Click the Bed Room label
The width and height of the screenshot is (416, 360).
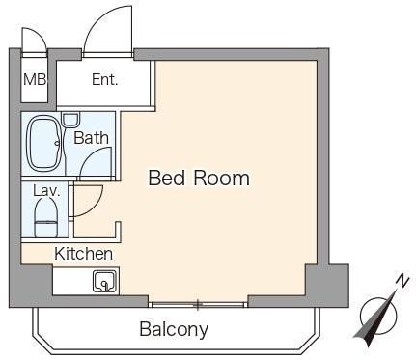tap(199, 178)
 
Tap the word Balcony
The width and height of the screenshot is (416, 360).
tap(174, 329)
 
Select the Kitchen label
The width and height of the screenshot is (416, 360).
tap(83, 254)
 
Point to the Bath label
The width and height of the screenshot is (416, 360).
tap(91, 138)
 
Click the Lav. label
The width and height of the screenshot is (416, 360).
tap(46, 191)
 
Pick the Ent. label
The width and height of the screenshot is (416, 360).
tap(105, 79)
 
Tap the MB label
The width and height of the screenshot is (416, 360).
tap(35, 79)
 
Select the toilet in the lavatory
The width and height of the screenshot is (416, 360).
tap(46, 217)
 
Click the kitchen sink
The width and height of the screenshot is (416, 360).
tap(104, 281)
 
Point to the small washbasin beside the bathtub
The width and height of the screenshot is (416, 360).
tap(70, 120)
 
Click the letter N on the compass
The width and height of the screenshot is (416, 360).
tap(402, 281)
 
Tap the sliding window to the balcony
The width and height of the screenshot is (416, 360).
tap(198, 305)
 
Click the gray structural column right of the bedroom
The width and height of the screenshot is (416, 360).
tap(327, 286)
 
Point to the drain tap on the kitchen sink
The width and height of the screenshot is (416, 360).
tap(104, 285)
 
